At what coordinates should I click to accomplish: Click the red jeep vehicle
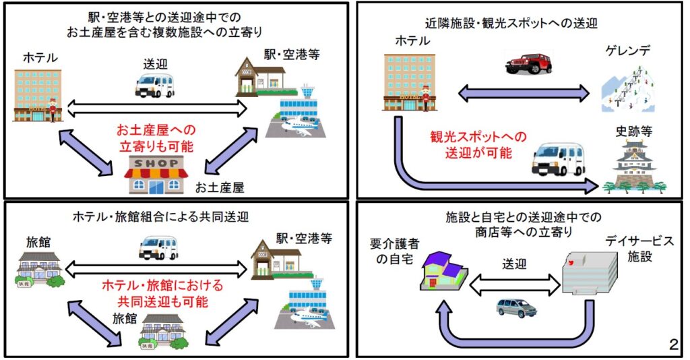(x=528, y=63)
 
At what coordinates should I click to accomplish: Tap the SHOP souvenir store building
(x=156, y=175)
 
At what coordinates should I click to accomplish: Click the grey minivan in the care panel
(x=517, y=308)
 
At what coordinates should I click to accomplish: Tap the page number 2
(x=674, y=344)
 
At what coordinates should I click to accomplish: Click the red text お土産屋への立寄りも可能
(x=156, y=138)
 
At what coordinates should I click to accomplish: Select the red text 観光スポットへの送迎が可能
(x=478, y=144)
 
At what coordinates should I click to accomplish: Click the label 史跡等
(x=633, y=131)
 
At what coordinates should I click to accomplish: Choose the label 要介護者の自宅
(x=394, y=251)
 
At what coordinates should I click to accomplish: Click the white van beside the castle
(x=559, y=159)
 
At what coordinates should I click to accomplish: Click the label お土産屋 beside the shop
(x=219, y=188)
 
